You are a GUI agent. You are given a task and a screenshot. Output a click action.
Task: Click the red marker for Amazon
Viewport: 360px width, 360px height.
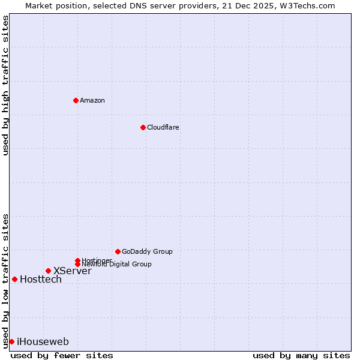coord(76,100)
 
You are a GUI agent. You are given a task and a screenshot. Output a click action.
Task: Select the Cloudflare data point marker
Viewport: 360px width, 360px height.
coord(143,127)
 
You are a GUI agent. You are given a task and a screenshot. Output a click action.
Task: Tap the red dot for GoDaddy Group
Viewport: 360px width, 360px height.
coord(118,251)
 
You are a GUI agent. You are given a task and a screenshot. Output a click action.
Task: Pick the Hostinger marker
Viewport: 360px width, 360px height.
coord(77,260)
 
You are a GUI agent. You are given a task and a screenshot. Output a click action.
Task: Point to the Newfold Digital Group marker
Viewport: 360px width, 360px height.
coord(77,264)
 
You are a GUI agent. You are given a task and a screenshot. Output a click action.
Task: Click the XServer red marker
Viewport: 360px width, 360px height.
coord(48,271)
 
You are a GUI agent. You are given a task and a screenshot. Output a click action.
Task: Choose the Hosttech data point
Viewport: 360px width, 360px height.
coord(14,279)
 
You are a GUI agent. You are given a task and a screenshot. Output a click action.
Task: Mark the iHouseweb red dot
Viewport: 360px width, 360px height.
coord(11,341)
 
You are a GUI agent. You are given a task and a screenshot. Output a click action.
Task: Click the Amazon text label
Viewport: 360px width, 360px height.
coord(92,100)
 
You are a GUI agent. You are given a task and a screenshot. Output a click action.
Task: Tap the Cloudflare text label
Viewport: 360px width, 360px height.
coord(163,127)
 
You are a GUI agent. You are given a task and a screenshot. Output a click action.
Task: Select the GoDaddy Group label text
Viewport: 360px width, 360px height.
coord(147,251)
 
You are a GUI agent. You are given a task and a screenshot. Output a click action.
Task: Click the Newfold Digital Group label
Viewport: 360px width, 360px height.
coord(117,265)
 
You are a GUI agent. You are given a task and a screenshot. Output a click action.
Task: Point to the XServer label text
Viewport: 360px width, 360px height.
coord(73,271)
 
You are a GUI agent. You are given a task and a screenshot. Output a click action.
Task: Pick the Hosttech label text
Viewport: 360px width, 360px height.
coord(41,280)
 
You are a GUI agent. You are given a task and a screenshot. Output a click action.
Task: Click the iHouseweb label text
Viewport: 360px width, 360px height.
coord(43,342)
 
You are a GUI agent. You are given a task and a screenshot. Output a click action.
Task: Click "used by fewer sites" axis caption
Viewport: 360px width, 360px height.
coord(62,355)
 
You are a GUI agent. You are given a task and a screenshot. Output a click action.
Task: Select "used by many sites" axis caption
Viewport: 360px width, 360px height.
coord(301,355)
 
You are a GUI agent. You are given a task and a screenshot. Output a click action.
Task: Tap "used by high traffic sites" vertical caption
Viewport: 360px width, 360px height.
coord(5,85)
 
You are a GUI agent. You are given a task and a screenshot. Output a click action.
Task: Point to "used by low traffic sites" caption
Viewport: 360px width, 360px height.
coord(5,280)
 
